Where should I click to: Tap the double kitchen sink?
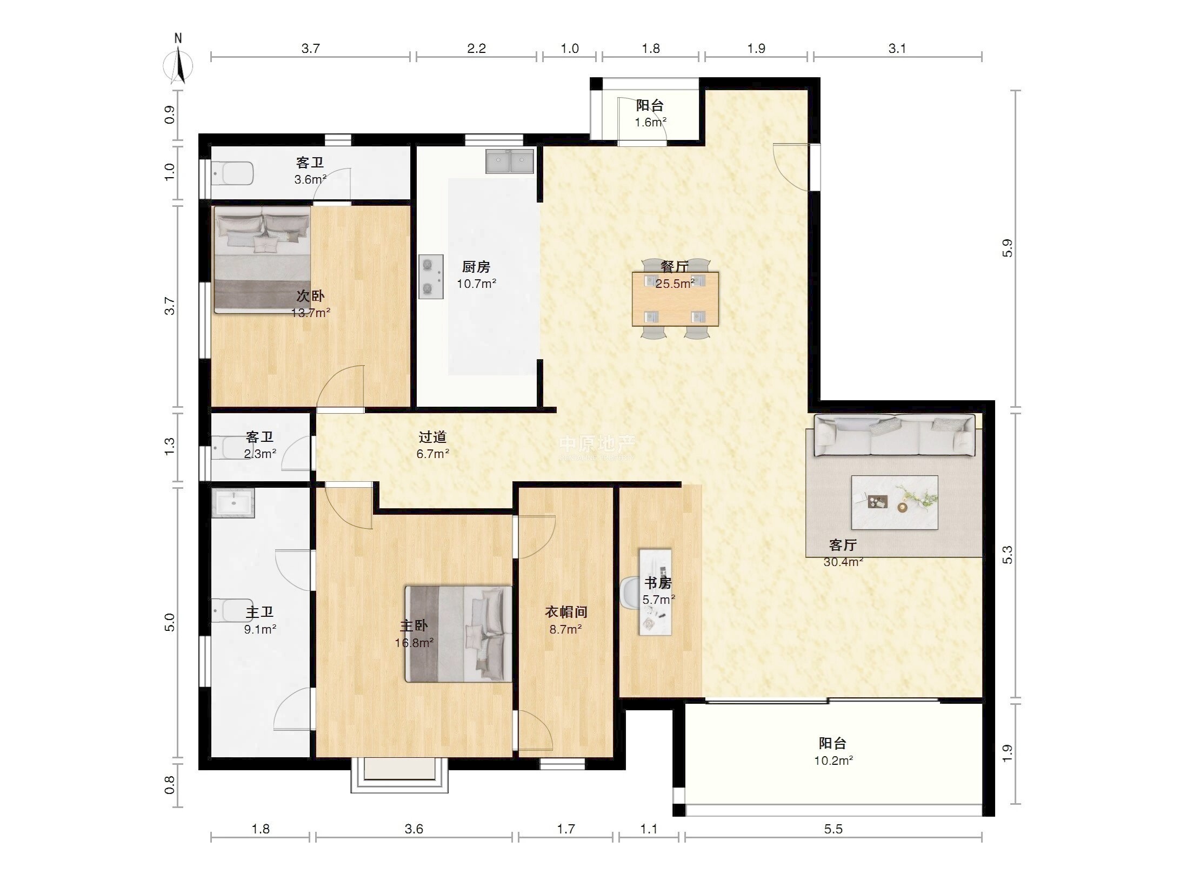coord(509,161)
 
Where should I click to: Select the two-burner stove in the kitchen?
coord(431,277)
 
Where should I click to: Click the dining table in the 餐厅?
coord(675,299)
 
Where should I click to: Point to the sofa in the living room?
coord(895,435)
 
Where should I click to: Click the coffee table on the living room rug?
coord(895,502)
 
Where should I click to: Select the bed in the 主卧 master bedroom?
coord(458,634)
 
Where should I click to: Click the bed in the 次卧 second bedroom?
coord(263,259)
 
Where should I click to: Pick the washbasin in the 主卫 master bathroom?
coord(234,503)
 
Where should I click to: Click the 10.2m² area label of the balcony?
coord(833,761)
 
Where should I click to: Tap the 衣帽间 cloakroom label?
coord(565,612)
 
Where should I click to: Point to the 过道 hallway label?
coord(432,436)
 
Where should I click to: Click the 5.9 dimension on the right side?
coord(1007,248)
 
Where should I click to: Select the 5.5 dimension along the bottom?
coord(833,829)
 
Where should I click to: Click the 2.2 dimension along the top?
coord(476,49)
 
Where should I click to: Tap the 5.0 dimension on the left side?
coord(170,622)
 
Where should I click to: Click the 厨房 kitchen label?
coord(476,267)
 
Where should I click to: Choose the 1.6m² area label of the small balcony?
coord(650,122)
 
